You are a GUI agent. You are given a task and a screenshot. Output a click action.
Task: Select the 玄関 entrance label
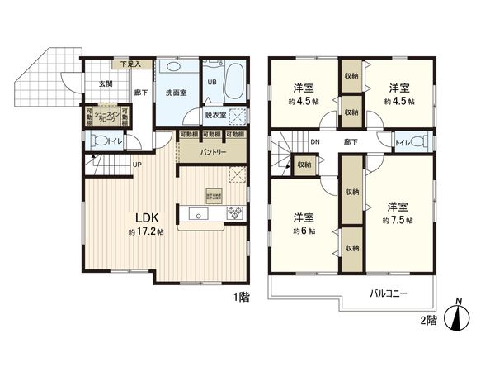tap(106, 83)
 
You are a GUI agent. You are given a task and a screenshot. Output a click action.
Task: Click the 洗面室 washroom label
tap(174, 93)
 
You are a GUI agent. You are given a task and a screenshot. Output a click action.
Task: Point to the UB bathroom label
tap(211, 83)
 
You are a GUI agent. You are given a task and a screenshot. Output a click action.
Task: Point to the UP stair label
tap(137, 164)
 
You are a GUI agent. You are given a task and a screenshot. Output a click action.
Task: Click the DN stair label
tap(315, 142)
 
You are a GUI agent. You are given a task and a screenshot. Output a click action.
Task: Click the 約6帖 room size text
tap(302, 231)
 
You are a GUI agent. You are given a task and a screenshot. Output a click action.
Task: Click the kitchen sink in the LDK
tap(200, 214)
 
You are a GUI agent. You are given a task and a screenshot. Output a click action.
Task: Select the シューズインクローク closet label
tap(106, 118)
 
